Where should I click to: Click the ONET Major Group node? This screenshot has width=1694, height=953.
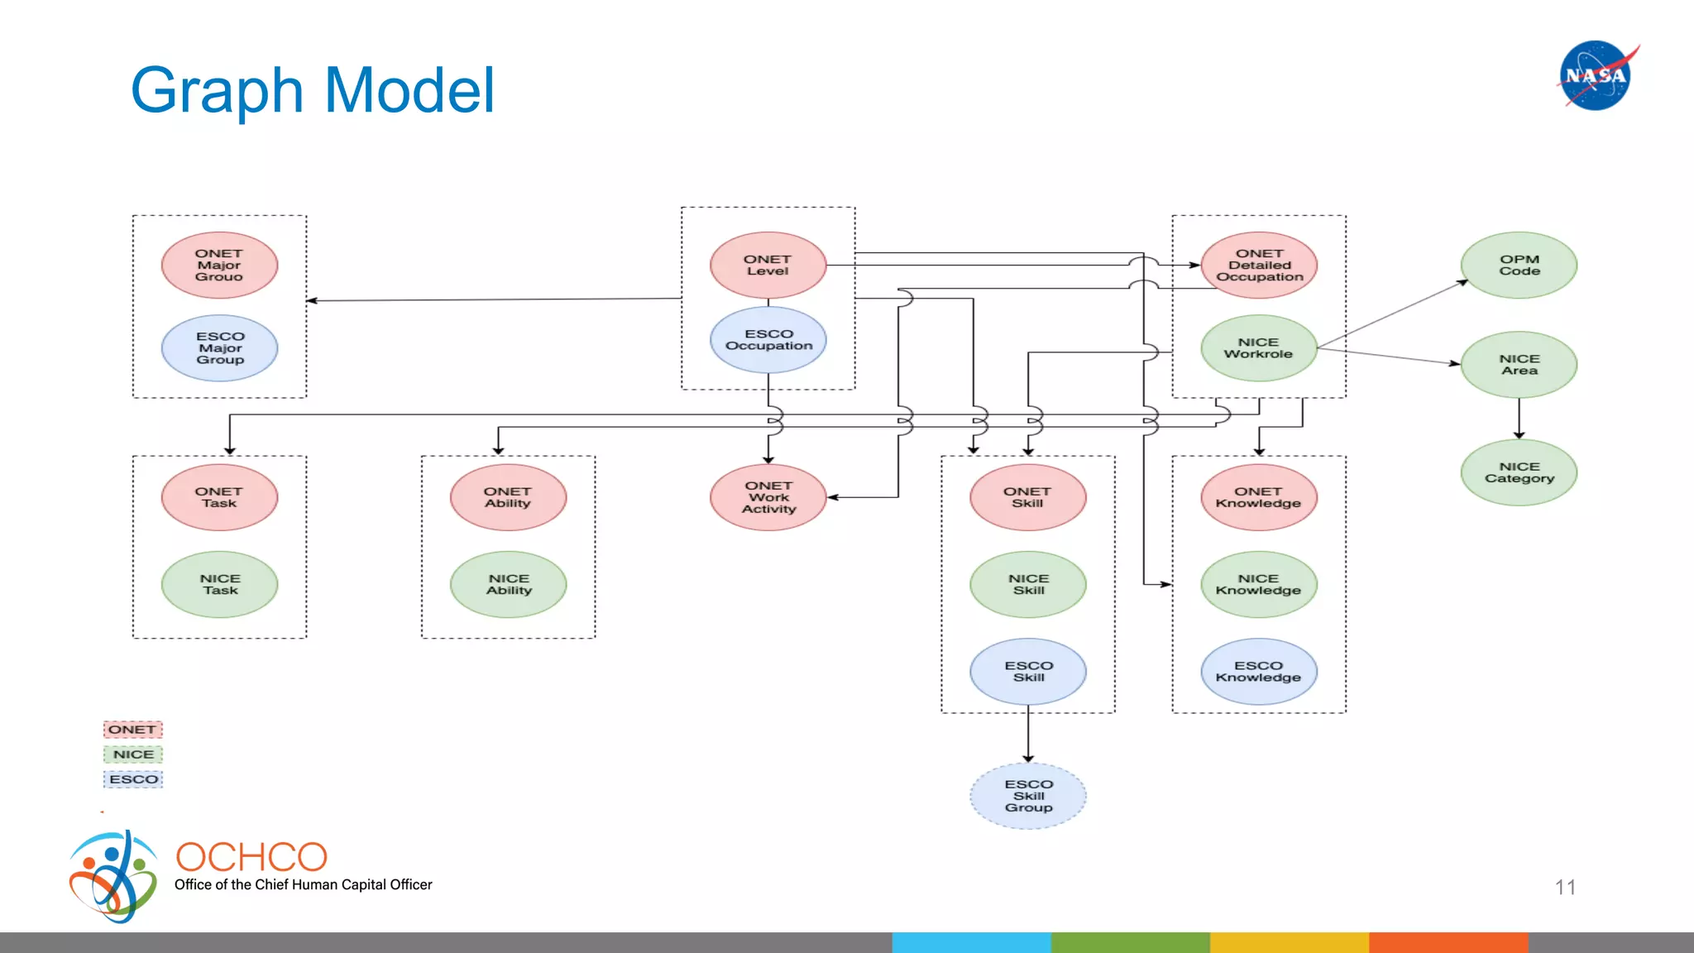pyautogui.click(x=219, y=266)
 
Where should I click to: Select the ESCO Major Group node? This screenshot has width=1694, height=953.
pyautogui.click(x=219, y=348)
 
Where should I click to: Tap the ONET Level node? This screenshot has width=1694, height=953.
pyautogui.click(x=768, y=266)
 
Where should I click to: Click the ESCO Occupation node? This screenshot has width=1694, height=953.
pyautogui.click(x=768, y=340)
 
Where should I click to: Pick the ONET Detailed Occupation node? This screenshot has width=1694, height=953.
pyautogui.click(x=1259, y=266)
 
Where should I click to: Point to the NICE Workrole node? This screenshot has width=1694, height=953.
pyautogui.click(x=1258, y=348)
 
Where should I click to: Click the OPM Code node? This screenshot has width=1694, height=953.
pyautogui.click(x=1519, y=266)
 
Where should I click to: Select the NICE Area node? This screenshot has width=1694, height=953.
pyautogui.click(x=1519, y=365)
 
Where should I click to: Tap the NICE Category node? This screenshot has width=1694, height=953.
pyautogui.click(x=1519, y=472)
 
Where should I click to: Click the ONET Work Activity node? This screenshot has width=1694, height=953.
pyautogui.click(x=768, y=497)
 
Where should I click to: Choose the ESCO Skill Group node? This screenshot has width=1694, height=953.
pyautogui.click(x=1028, y=796)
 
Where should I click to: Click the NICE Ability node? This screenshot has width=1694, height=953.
pyautogui.click(x=508, y=584)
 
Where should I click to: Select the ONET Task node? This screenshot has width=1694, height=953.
pyautogui.click(x=219, y=497)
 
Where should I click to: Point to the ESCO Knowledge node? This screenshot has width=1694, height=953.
pyautogui.click(x=1258, y=671)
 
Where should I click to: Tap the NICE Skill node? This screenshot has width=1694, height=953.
pyautogui.click(x=1028, y=584)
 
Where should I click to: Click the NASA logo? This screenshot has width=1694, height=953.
pyautogui.click(x=1596, y=75)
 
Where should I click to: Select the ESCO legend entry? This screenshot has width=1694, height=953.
pyautogui.click(x=133, y=779)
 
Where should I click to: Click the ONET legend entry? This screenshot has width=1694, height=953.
pyautogui.click(x=132, y=730)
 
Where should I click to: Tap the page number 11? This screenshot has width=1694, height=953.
pyautogui.click(x=1565, y=888)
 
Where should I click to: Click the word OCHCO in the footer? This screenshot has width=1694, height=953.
pyautogui.click(x=251, y=857)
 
